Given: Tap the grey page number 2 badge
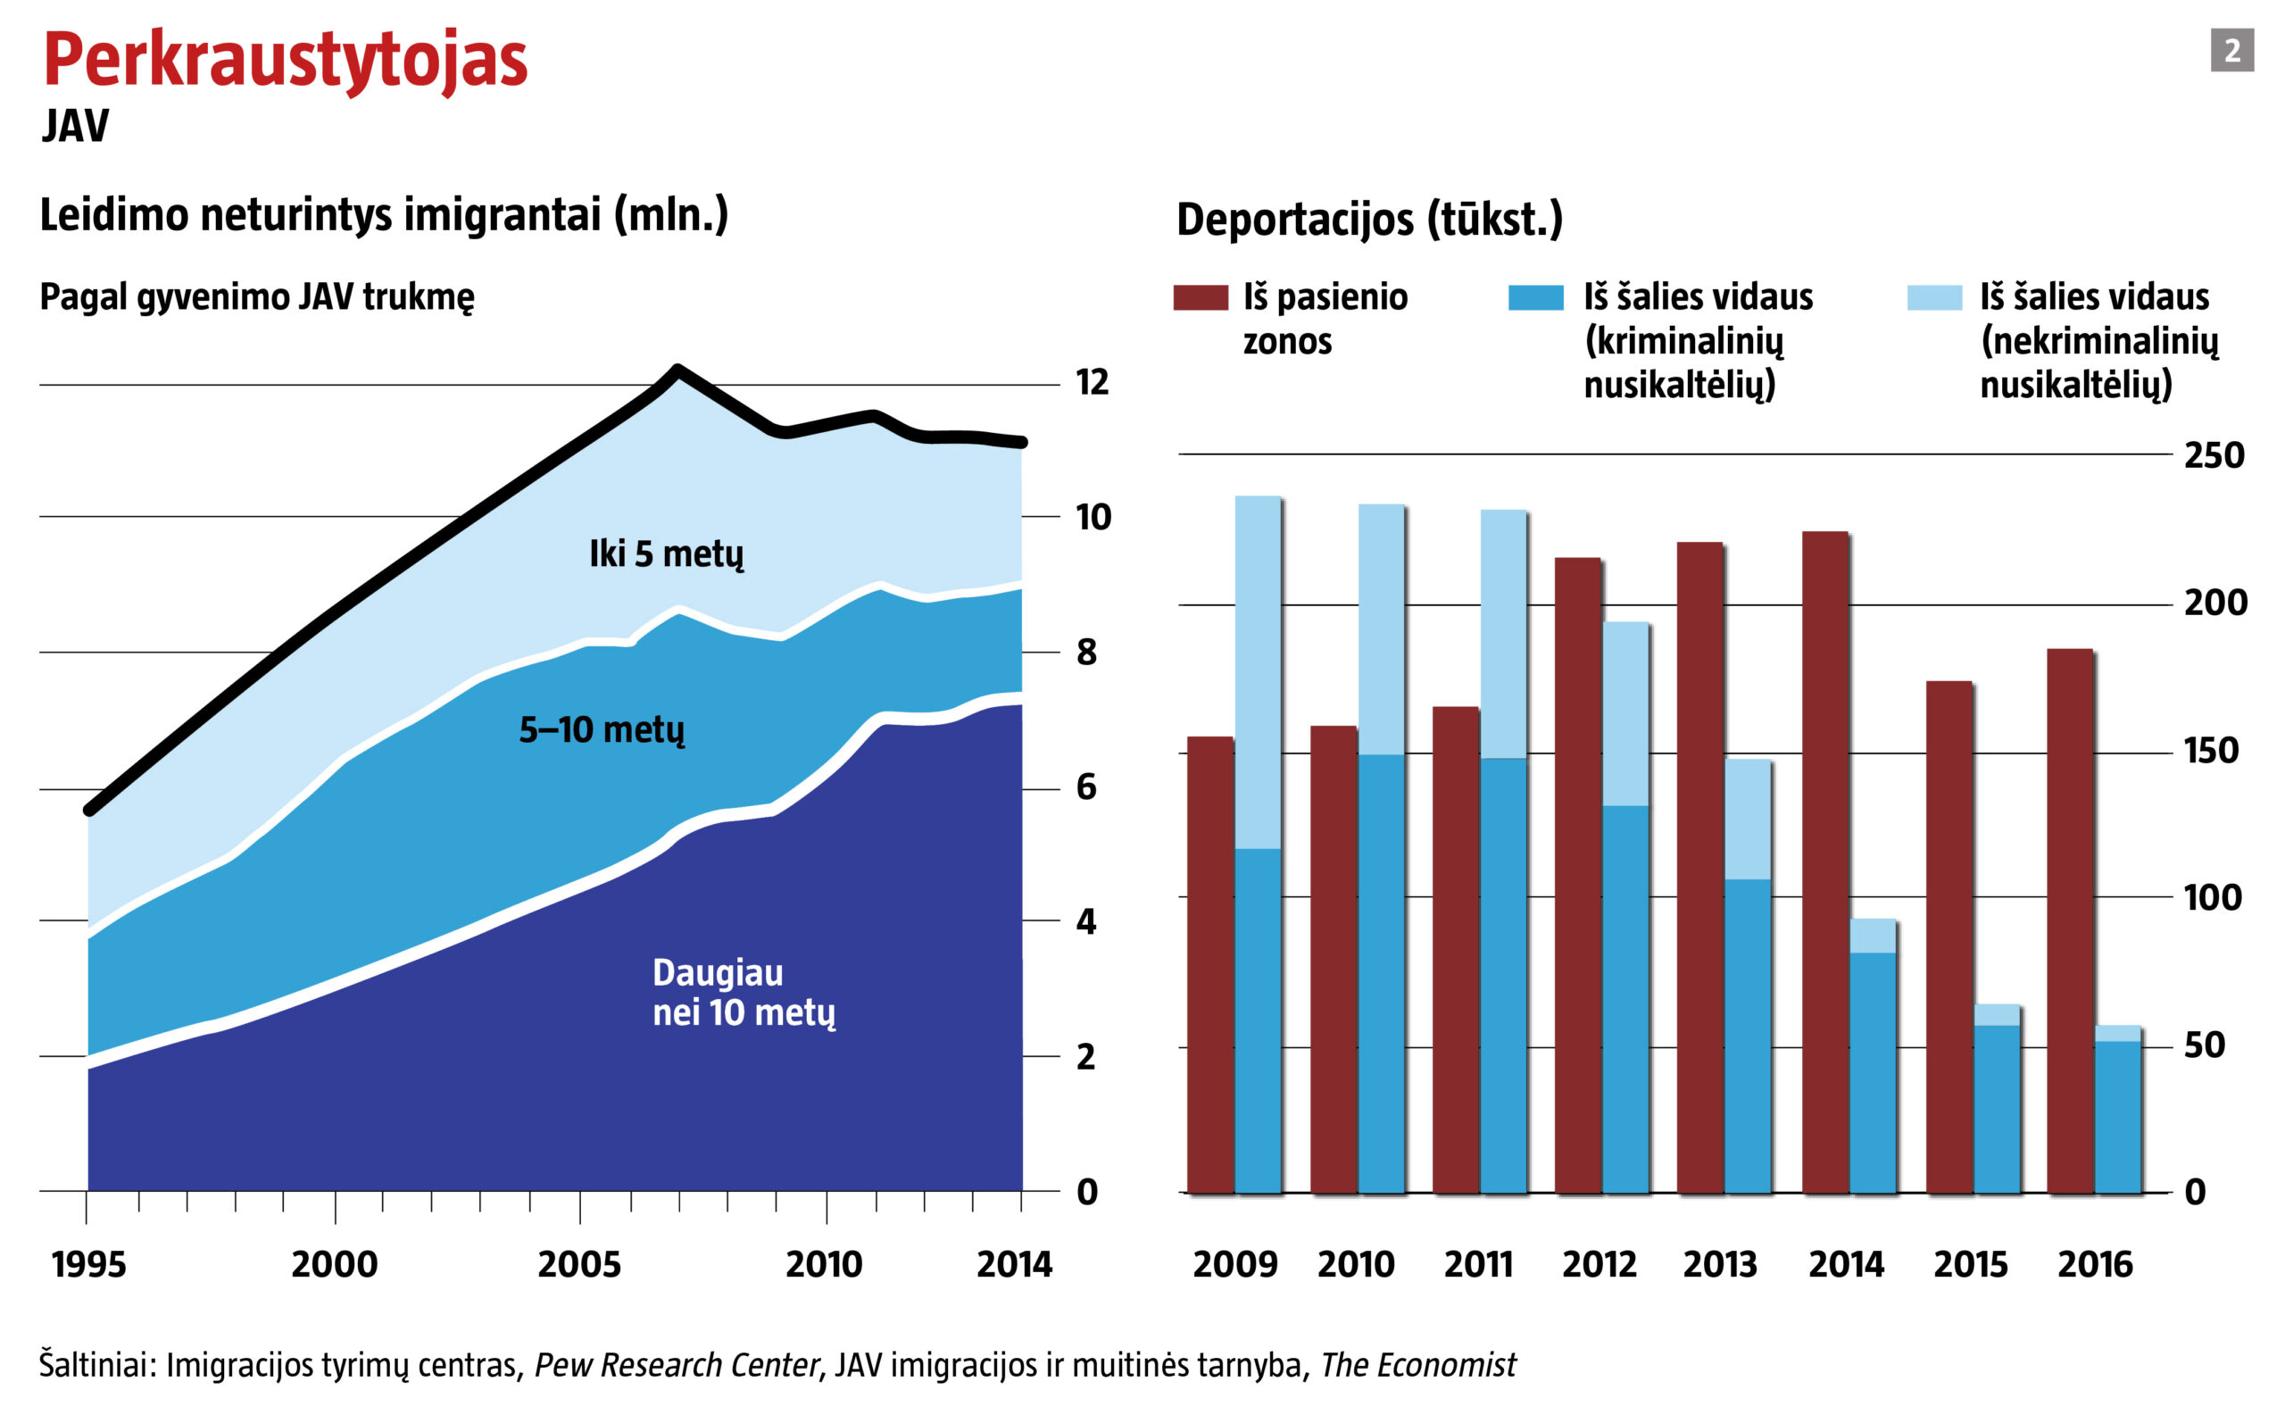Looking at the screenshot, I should [2231, 51].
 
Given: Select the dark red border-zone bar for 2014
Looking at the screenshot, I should [1824, 861].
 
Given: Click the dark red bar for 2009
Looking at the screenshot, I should [1209, 964].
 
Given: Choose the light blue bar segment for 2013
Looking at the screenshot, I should [1748, 819].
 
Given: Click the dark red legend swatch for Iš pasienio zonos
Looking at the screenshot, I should [1201, 297].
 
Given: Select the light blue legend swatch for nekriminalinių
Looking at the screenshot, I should [1934, 297].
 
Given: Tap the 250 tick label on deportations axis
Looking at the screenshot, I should [2214, 456].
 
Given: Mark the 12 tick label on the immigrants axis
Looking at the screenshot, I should [1092, 382].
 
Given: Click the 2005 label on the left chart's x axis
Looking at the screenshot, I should [579, 1264].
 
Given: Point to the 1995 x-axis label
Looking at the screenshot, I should [88, 1264].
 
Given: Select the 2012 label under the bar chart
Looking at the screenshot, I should [1599, 1264].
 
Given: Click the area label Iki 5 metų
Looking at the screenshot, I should [666, 554].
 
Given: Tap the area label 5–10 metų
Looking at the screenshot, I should [602, 730].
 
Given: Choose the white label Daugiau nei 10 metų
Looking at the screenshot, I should [743, 992].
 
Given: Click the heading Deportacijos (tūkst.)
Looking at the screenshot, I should [1369, 219].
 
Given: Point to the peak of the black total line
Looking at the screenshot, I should [677, 370].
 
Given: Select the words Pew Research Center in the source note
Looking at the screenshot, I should [676, 1365].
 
